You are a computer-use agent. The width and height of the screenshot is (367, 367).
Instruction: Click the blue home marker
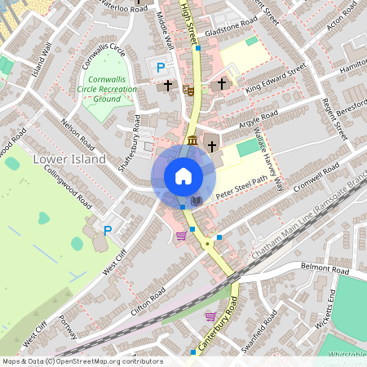coord(183,176)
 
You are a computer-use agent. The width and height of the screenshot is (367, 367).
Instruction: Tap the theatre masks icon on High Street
coord(188,89)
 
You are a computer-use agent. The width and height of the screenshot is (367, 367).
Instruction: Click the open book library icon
coord(196,201)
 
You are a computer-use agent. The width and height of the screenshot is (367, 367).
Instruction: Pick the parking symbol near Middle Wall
coord(161,69)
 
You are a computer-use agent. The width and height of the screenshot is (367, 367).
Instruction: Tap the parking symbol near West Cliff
coord(107,231)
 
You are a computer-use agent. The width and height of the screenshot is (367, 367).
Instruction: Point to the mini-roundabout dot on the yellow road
coord(209,243)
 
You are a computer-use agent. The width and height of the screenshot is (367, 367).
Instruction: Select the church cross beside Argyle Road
coord(212,147)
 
